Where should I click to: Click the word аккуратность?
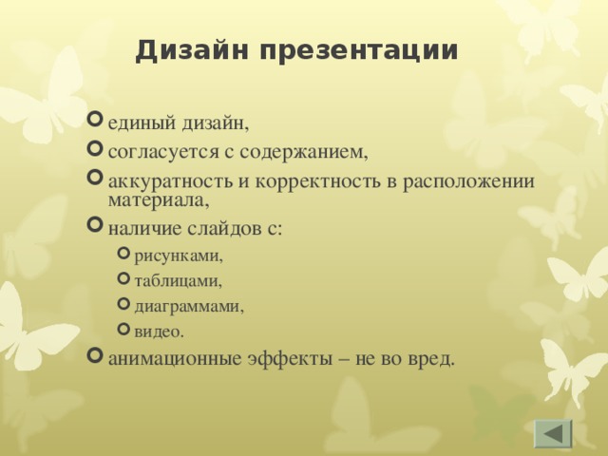tap(164, 181)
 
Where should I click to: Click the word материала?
tap(157, 199)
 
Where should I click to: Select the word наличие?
tap(142, 227)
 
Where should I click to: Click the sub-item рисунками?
tap(179, 256)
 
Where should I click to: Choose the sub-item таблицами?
tap(178, 281)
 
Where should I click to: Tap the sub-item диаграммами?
tap(189, 307)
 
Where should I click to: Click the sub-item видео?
tap(159, 332)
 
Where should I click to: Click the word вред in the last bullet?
tap(431, 358)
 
